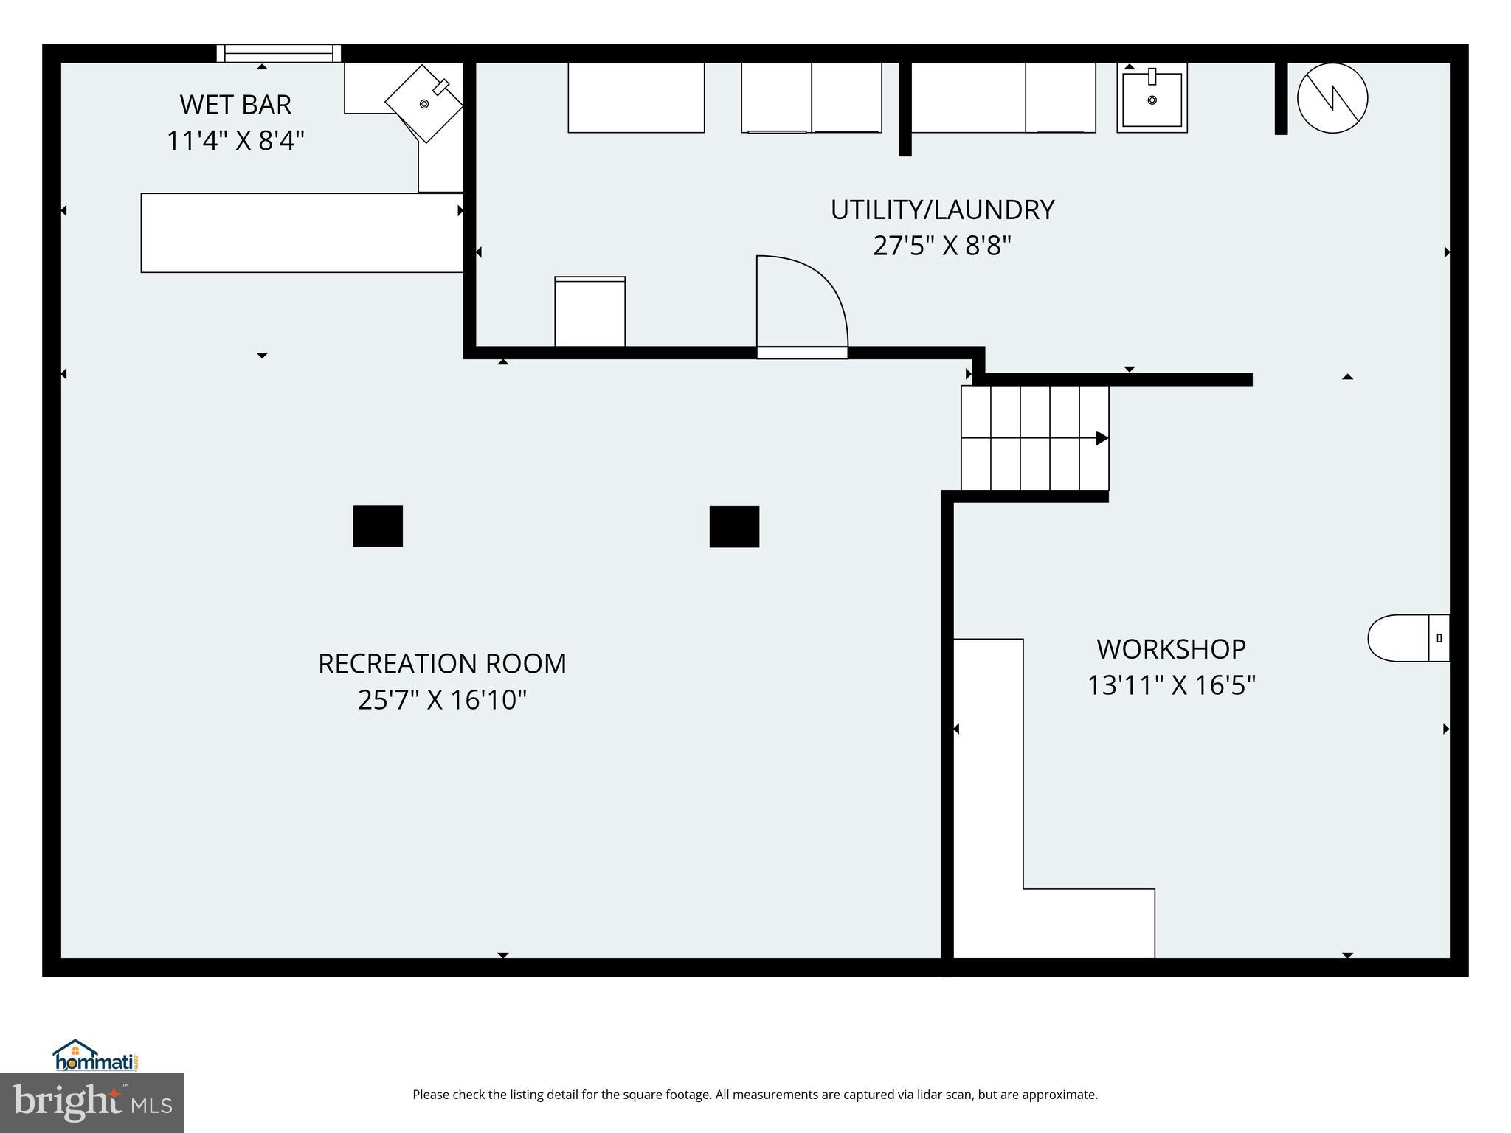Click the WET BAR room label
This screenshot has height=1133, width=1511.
coord(235,105)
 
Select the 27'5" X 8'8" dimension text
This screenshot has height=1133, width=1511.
coord(941,245)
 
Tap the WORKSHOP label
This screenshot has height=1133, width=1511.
coord(1171,649)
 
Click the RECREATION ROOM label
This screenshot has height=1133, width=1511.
coord(442,663)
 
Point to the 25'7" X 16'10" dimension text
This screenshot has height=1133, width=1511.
coord(442,699)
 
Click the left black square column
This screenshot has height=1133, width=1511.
coord(378,526)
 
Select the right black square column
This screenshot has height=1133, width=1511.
coord(734,527)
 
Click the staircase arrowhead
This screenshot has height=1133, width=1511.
coord(1102,438)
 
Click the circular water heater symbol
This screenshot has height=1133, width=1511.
coord(1332,98)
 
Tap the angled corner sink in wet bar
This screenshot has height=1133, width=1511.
coord(424,104)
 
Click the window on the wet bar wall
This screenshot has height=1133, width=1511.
coord(278,53)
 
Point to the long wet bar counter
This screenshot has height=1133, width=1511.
coord(302,233)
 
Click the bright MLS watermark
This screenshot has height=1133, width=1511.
coord(92,1102)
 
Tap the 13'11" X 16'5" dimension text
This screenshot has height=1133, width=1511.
coord(1171,685)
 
